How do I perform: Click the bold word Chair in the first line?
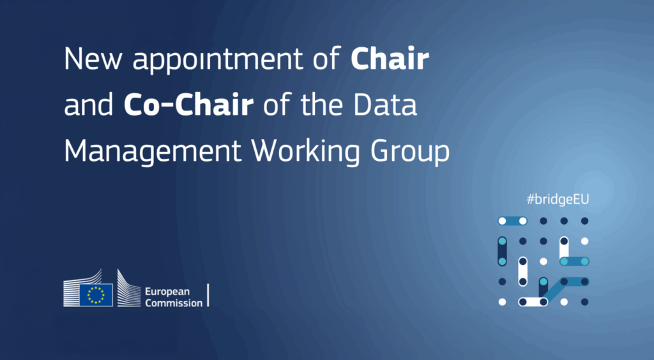pyautogui.click(x=390, y=59)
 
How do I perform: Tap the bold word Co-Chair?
pyautogui.click(x=188, y=105)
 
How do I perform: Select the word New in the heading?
pyautogui.click(x=93, y=59)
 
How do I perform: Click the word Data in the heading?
pyautogui.click(x=385, y=105)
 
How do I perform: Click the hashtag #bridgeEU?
pyautogui.click(x=558, y=199)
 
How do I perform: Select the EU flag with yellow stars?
pyautogui.click(x=96, y=295)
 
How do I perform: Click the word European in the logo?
pyautogui.click(x=167, y=292)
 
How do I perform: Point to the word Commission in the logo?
pyautogui.click(x=174, y=303)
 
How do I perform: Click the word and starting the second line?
pyautogui.click(x=88, y=105)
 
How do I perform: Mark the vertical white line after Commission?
pyautogui.click(x=208, y=295)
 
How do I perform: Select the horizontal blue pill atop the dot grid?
pyautogui.click(x=512, y=221)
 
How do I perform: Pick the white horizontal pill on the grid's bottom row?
pyautogui.click(x=533, y=302)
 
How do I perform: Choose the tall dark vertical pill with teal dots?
pyautogui.click(x=502, y=251)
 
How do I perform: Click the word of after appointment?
pyautogui.click(x=327, y=59)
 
